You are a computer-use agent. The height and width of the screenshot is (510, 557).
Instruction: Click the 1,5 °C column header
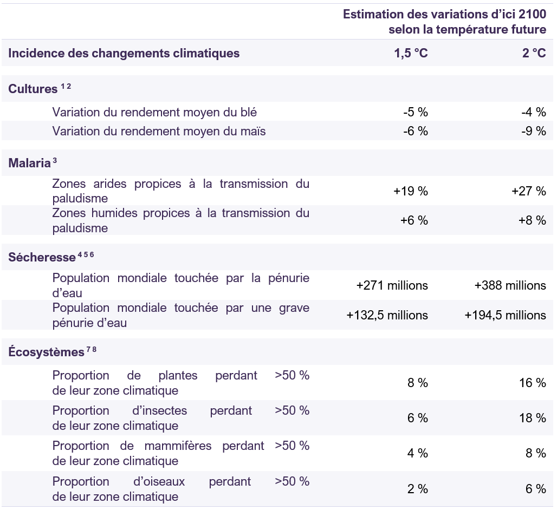[x=411, y=53]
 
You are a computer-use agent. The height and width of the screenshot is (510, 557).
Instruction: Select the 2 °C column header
[x=534, y=53]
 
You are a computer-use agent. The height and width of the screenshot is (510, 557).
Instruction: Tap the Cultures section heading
[x=33, y=89]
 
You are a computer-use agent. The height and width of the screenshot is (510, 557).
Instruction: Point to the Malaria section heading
[x=29, y=163]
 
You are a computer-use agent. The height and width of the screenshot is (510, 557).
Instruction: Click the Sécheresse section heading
[x=42, y=257]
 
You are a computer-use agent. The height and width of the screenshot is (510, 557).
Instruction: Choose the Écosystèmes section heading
[x=46, y=352]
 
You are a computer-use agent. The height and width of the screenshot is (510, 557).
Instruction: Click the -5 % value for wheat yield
[x=416, y=112]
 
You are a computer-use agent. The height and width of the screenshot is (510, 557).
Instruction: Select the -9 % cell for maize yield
[x=534, y=131]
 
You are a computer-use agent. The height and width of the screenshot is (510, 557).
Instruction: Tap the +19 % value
[x=411, y=191]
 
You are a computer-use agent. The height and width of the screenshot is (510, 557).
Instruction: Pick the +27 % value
[x=529, y=191]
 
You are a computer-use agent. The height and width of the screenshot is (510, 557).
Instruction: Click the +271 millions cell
[x=392, y=285]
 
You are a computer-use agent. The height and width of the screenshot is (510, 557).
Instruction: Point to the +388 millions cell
[x=510, y=285]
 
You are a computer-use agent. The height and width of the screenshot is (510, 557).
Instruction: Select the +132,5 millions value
[x=387, y=315]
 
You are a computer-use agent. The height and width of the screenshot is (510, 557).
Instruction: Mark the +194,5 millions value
[x=505, y=315]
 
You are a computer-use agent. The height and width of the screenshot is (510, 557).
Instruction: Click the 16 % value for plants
[x=533, y=383]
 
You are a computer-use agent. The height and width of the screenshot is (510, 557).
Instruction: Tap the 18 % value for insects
[x=533, y=418]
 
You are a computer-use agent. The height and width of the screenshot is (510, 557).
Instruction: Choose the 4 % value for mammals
[x=418, y=453]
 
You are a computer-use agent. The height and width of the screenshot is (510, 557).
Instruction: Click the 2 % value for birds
[x=418, y=489]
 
